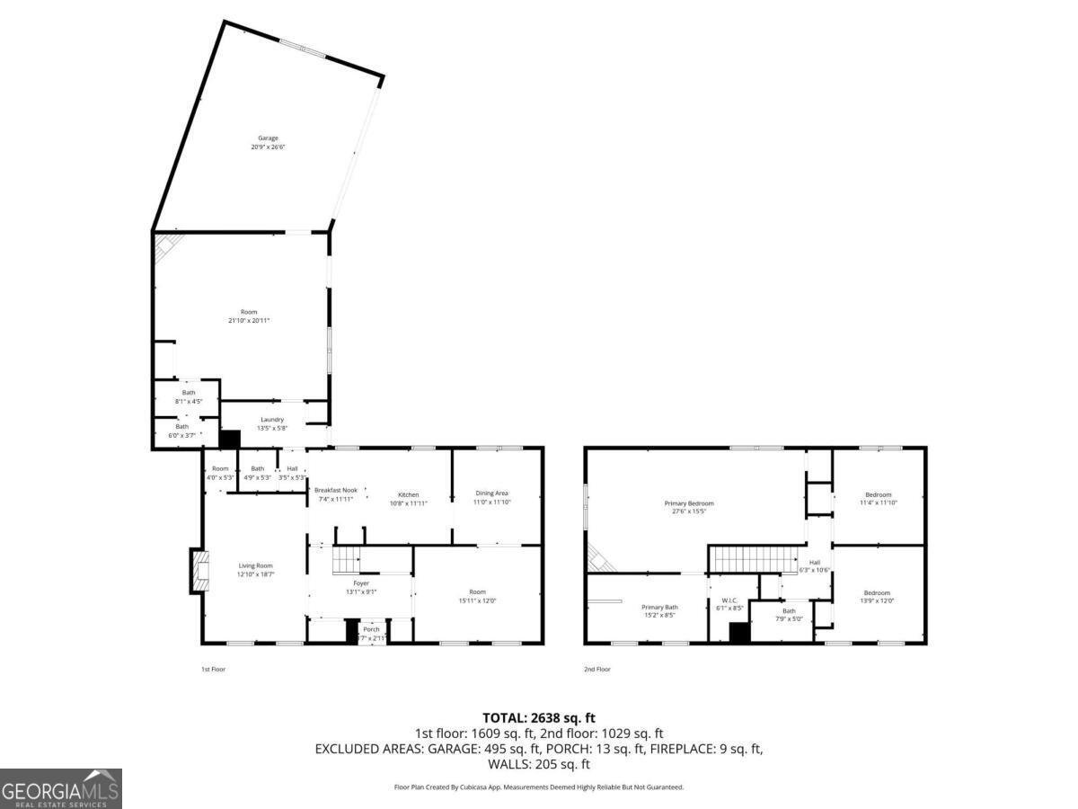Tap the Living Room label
point(255,565)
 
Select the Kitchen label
point(409,494)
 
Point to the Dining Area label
point(491,493)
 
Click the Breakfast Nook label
point(336,490)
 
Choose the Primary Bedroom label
point(689,503)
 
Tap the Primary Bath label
point(659,607)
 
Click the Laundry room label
point(272,420)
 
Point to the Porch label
point(371,629)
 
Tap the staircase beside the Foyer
point(347,561)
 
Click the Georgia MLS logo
point(61,788)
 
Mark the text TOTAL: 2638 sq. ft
point(539,717)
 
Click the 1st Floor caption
point(213,669)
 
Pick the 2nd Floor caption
point(597,669)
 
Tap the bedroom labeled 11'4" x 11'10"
point(878,499)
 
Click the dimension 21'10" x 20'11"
point(248,320)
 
